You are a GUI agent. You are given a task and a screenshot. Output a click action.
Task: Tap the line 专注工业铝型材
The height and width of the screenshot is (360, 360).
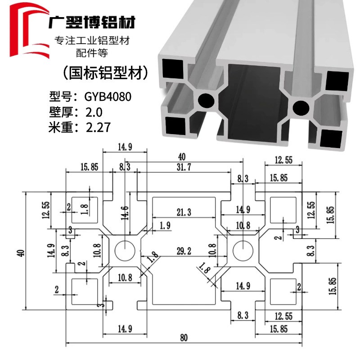92,41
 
